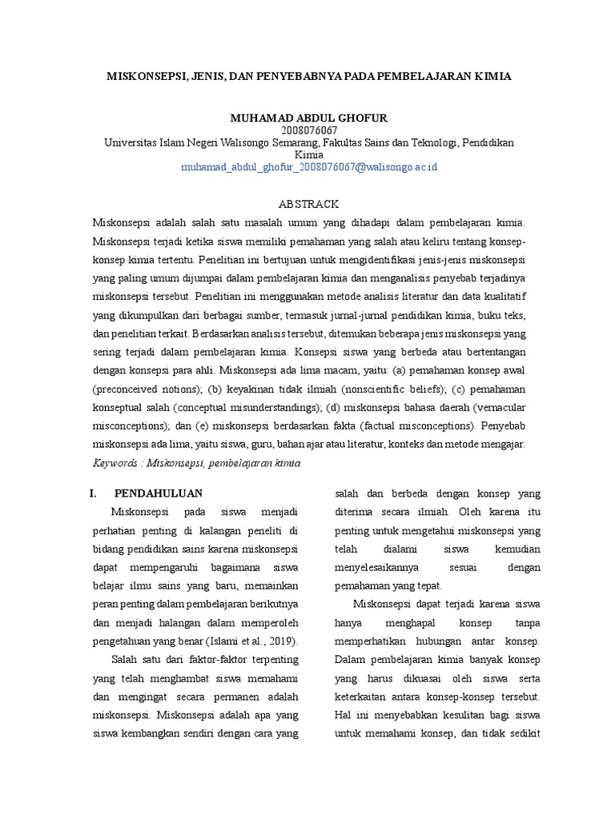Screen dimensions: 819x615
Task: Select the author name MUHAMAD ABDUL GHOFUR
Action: point(308,118)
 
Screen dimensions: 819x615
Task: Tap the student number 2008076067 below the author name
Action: point(309,130)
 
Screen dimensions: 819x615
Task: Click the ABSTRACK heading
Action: point(309,204)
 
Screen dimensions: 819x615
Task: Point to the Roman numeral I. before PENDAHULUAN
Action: point(93,493)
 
